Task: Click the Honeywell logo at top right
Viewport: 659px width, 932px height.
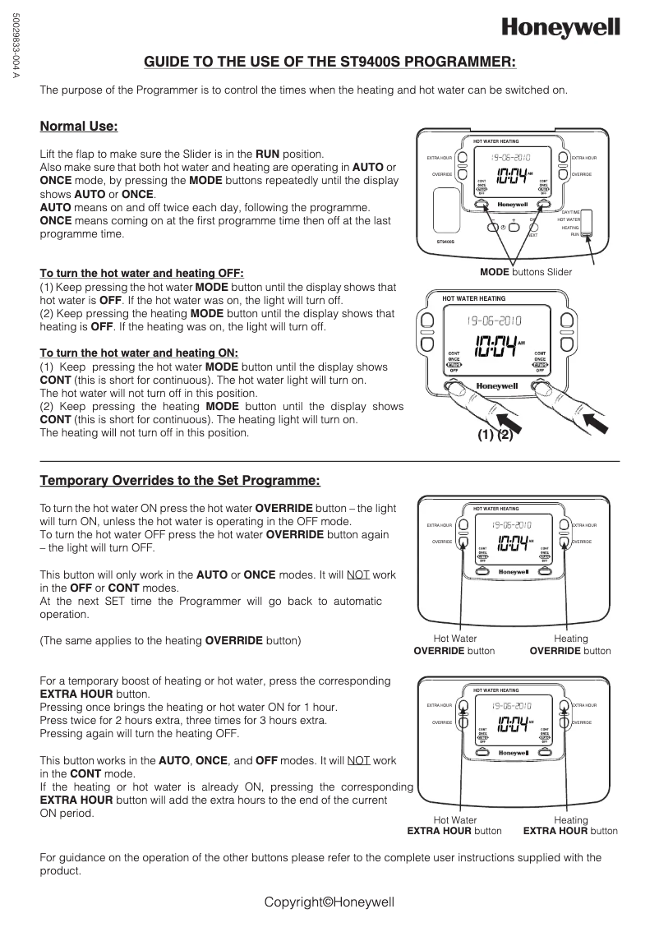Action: [x=561, y=29]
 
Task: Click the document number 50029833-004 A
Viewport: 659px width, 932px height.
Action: [x=15, y=46]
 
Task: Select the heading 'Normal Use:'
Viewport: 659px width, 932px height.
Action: [x=79, y=127]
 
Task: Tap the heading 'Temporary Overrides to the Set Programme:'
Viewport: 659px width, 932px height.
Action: [x=180, y=480]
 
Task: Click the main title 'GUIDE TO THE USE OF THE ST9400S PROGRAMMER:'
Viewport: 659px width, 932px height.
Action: [x=330, y=62]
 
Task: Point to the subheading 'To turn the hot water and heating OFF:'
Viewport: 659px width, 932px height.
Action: [x=141, y=274]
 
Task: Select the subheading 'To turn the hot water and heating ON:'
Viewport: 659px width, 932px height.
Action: [x=139, y=353]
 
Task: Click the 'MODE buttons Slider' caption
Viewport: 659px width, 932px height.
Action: [x=526, y=272]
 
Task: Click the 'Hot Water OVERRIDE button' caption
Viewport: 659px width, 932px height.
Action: [x=454, y=644]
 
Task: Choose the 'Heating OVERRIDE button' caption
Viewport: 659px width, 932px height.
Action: [x=570, y=644]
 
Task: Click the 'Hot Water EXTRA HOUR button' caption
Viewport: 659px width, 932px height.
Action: [x=454, y=825]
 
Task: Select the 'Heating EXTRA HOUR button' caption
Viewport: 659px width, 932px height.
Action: [x=570, y=825]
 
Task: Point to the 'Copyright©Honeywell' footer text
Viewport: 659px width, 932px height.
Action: [x=329, y=902]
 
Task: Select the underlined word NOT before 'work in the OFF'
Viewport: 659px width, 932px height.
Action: [x=357, y=574]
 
